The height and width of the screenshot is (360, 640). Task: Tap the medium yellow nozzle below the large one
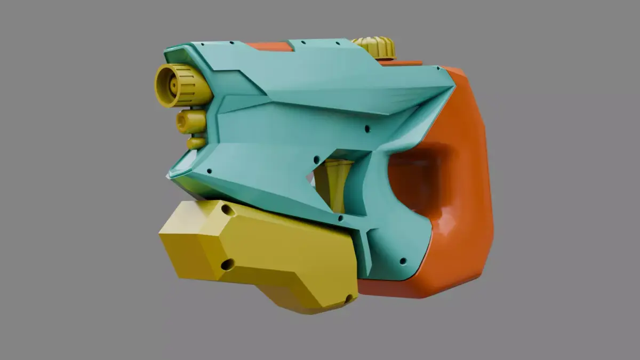pyautogui.click(x=191, y=122)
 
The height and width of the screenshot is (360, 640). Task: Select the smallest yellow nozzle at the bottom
pyautogui.click(x=196, y=143)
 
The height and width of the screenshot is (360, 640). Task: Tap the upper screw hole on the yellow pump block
pyautogui.click(x=228, y=210)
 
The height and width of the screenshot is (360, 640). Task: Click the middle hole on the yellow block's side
pyautogui.click(x=227, y=264)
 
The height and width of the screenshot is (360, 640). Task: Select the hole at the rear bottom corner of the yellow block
pyautogui.click(x=349, y=299)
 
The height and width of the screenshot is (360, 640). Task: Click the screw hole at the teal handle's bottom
pyautogui.click(x=403, y=261)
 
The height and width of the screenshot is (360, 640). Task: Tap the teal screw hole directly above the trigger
pyautogui.click(x=316, y=159)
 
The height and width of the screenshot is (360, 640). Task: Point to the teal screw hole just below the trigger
pyautogui.click(x=340, y=218)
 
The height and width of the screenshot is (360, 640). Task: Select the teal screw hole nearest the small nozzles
pyautogui.click(x=209, y=171)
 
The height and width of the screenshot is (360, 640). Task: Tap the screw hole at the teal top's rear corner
pyautogui.click(x=438, y=68)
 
